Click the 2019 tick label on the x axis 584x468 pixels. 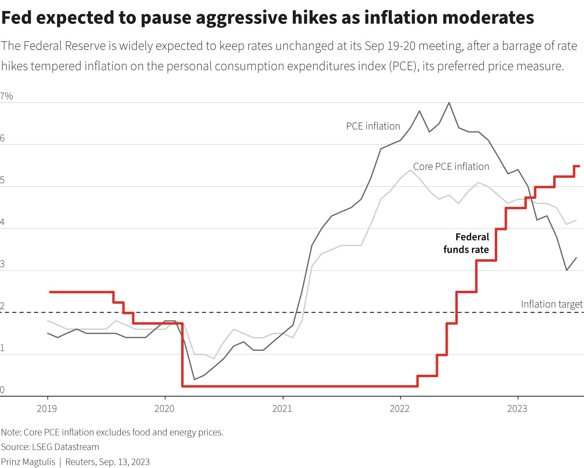(47, 408)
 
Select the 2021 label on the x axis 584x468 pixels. (282, 408)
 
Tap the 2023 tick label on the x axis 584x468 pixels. (517, 408)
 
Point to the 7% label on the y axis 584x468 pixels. (6, 96)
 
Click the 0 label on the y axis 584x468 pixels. (2, 390)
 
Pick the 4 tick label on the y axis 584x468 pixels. (2, 222)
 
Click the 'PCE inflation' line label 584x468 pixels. (373, 126)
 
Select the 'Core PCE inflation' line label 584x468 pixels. (451, 166)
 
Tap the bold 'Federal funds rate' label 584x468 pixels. (466, 243)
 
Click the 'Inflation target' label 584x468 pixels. (551, 304)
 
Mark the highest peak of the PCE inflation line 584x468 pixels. (449, 103)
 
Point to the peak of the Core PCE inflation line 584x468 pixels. (410, 170)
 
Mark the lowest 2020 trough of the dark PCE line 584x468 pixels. (195, 379)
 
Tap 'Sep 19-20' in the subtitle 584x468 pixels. (390, 46)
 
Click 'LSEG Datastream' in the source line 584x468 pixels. (65, 447)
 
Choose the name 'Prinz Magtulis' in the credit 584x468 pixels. (28, 462)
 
